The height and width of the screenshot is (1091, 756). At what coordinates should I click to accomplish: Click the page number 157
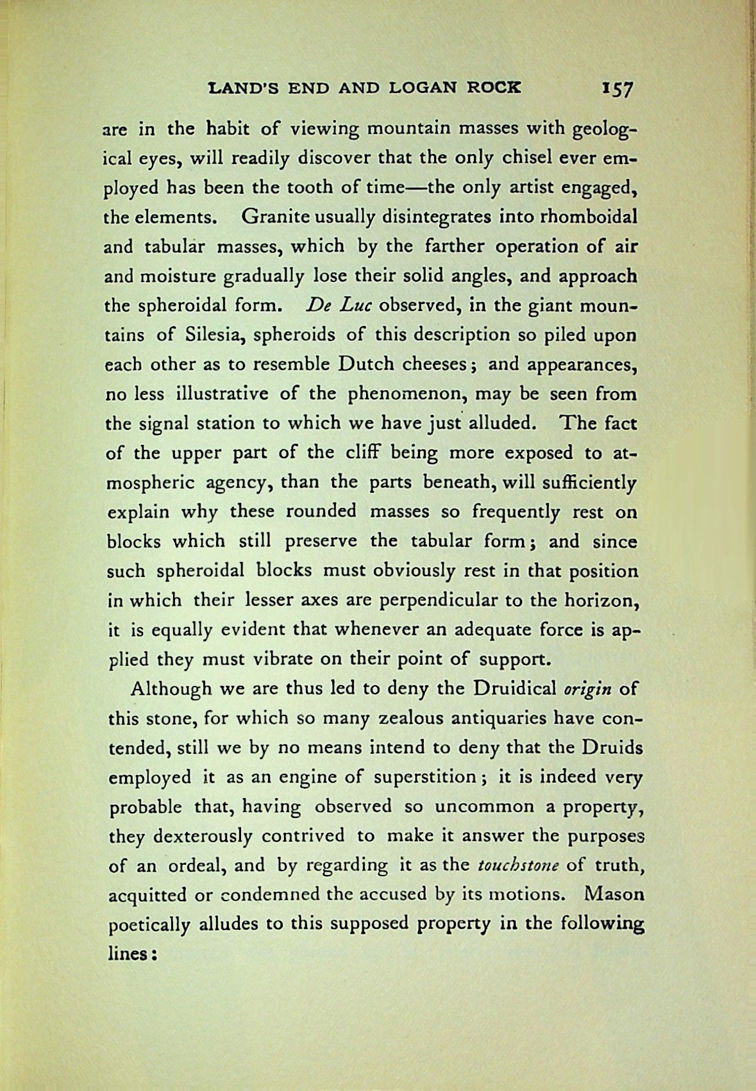[617, 88]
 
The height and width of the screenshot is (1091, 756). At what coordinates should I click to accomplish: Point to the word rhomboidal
[589, 217]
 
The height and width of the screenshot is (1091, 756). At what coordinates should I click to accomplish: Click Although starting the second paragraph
[171, 689]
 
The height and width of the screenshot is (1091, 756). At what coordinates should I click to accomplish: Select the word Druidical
[514, 689]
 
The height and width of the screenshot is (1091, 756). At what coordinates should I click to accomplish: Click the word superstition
[424, 777]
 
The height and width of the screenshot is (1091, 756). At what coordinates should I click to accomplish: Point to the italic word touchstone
[519, 866]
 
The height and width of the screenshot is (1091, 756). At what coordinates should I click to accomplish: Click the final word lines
[130, 953]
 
